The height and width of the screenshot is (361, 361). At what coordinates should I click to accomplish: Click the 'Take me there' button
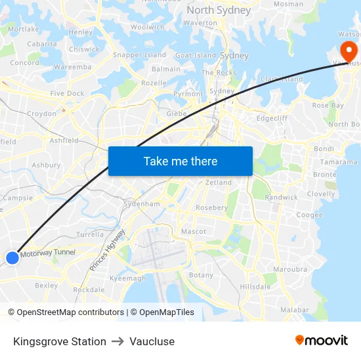pyautogui.click(x=180, y=161)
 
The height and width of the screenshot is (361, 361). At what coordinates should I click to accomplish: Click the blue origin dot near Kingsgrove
pyautogui.click(x=12, y=258)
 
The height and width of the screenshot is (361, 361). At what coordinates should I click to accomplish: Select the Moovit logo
pyautogui.click(x=322, y=341)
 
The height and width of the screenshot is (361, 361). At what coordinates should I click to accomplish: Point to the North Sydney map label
pyautogui.click(x=219, y=10)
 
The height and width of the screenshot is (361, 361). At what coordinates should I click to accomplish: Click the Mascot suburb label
pyautogui.click(x=194, y=231)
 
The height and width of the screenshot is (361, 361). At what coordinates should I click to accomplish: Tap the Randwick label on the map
pyautogui.click(x=281, y=197)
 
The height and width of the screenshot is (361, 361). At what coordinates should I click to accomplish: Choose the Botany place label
pyautogui.click(x=201, y=275)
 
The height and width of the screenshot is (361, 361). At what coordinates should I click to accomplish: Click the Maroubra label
pyautogui.click(x=289, y=268)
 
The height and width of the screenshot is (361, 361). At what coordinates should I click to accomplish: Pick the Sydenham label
pyautogui.click(x=142, y=204)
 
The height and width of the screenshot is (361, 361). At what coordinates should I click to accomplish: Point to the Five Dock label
pyautogui.click(x=67, y=93)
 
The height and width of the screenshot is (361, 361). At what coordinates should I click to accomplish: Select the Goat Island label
pyautogui.click(x=196, y=56)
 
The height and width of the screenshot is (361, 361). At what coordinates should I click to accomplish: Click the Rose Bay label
pyautogui.click(x=328, y=105)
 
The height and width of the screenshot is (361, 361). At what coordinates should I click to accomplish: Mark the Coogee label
pyautogui.click(x=309, y=215)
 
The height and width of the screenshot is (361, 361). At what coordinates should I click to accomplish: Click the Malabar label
pyautogui.click(x=294, y=310)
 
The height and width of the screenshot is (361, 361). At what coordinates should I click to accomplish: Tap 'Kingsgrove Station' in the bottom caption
pyautogui.click(x=60, y=341)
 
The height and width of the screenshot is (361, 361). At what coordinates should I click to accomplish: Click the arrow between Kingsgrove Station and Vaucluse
pyautogui.click(x=118, y=341)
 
